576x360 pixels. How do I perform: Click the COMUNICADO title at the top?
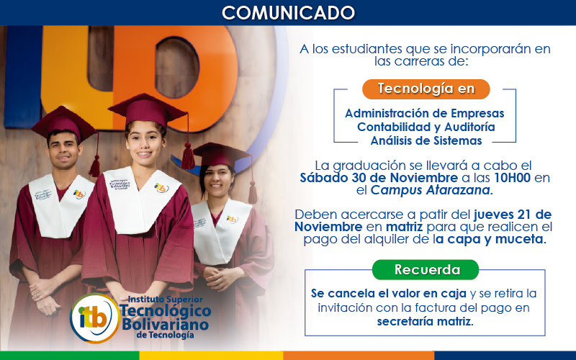[288, 12]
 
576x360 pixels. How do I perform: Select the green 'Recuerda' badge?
[426, 270]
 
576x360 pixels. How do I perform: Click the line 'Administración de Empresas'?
[425, 113]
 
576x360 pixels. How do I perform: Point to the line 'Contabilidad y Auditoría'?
[426, 127]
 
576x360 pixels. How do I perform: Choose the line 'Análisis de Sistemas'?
[421, 140]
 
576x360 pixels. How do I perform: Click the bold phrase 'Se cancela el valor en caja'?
[389, 294]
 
